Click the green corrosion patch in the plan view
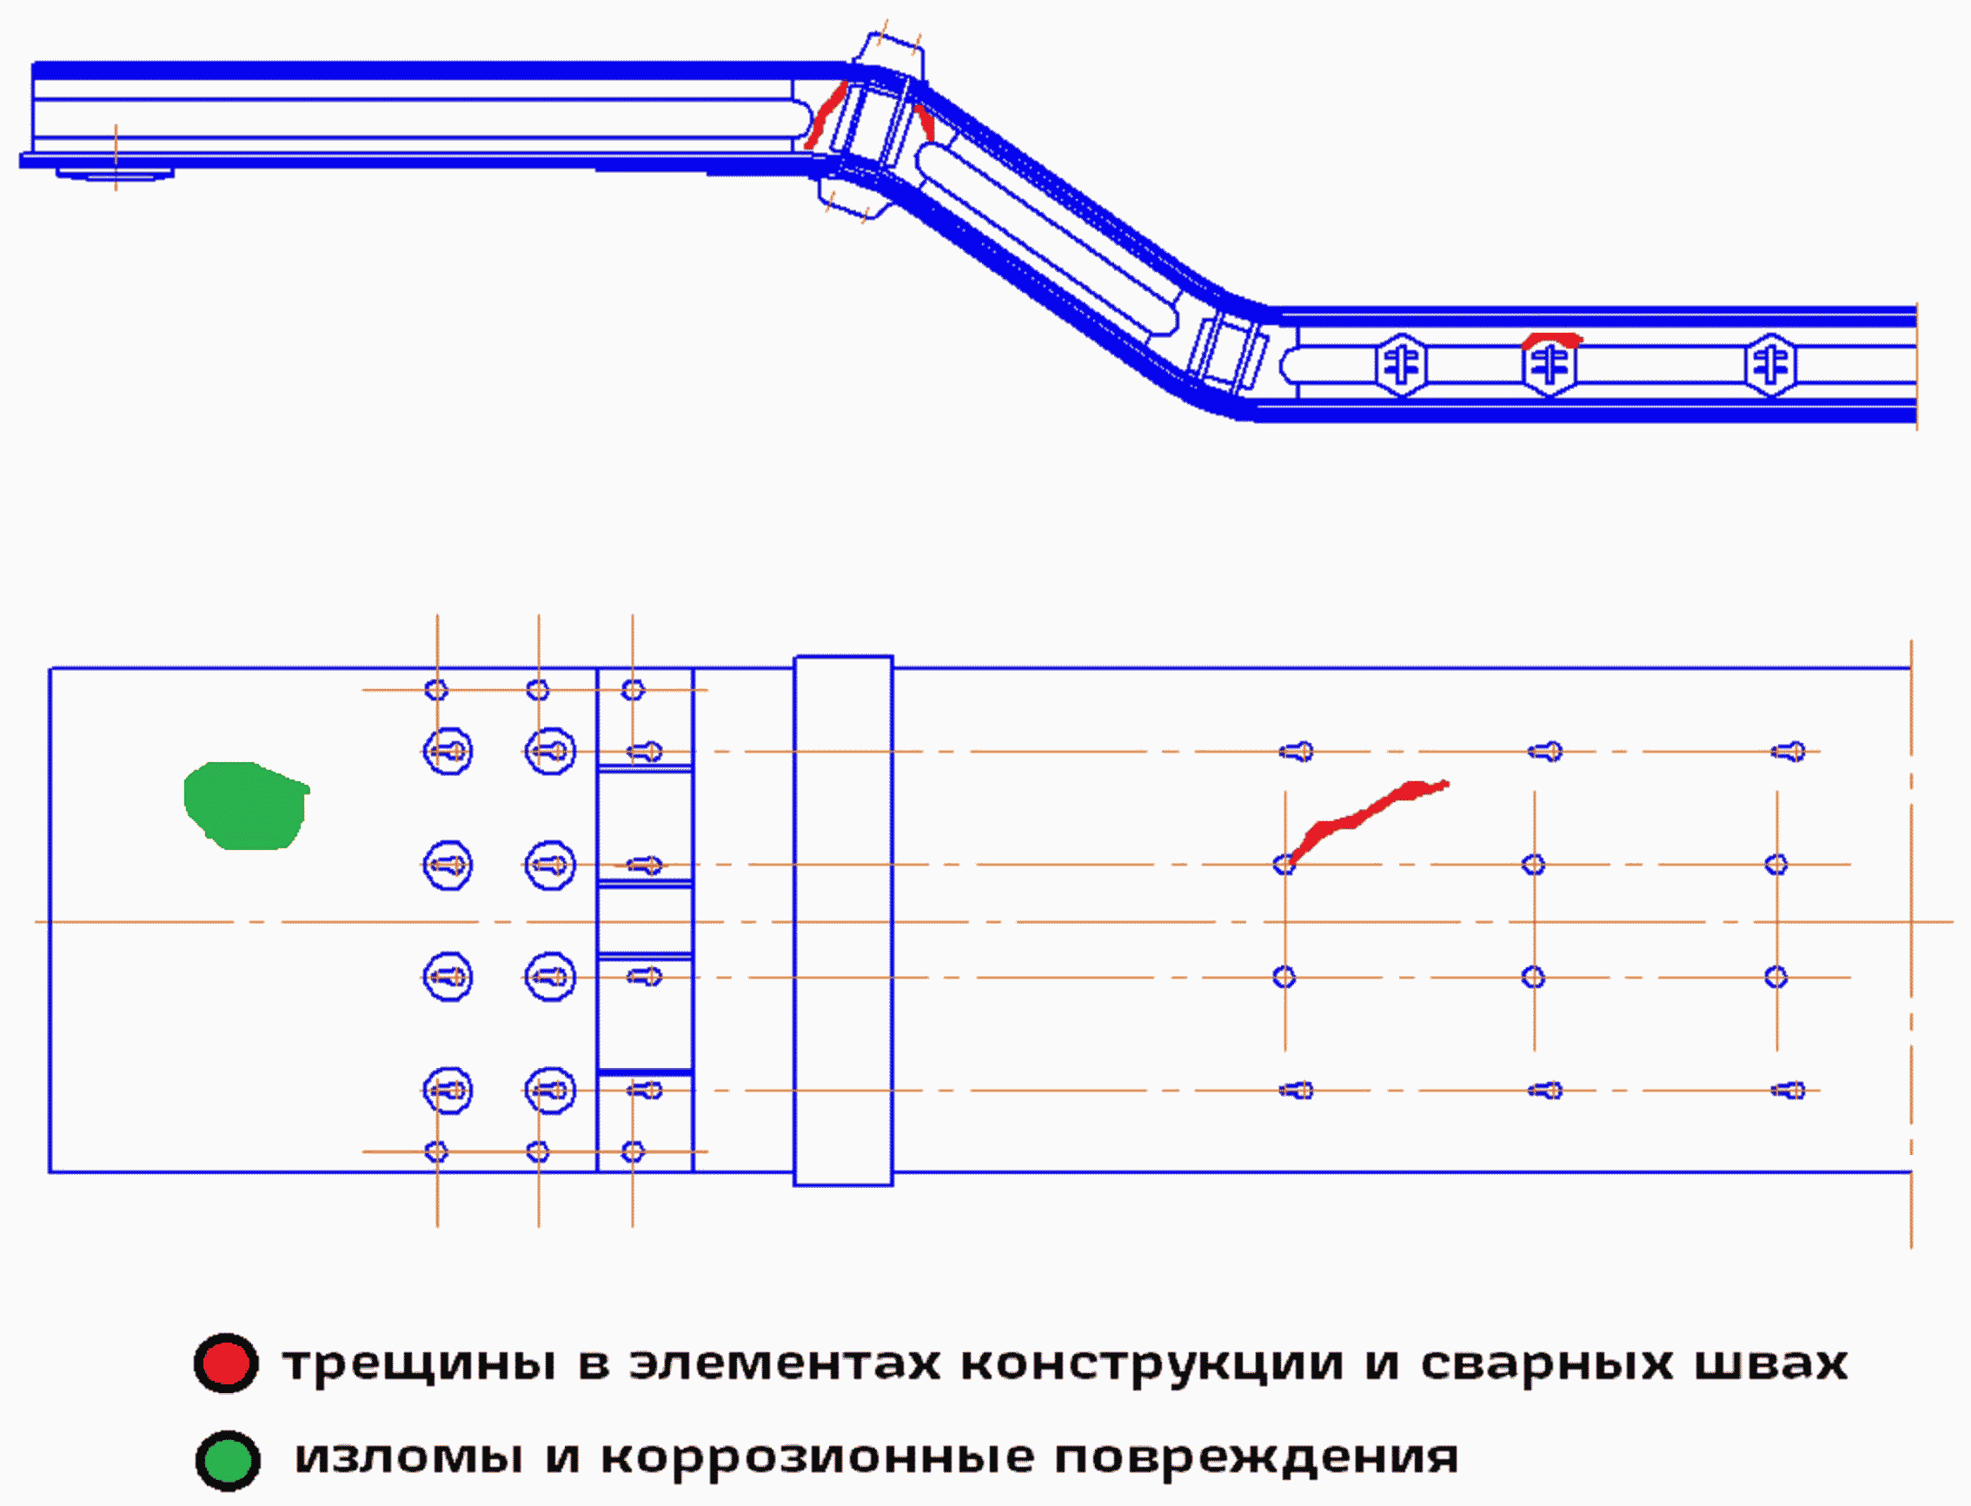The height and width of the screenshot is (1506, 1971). [x=244, y=805]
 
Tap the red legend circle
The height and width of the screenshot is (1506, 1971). [x=226, y=1363]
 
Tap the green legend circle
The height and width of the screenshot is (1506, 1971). [x=228, y=1460]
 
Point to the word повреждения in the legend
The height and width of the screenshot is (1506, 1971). [x=1255, y=1457]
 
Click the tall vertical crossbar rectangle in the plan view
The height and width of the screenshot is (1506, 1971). [x=842, y=920]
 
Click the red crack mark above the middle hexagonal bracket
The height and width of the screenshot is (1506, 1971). [x=1551, y=339]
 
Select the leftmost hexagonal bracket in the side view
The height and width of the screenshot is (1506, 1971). [x=1401, y=365]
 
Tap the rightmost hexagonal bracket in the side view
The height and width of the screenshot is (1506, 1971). [x=1770, y=365]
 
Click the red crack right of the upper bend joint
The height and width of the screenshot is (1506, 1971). [x=923, y=121]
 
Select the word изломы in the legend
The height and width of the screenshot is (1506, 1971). [x=408, y=1457]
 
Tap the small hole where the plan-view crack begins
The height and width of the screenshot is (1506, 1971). [x=1284, y=864]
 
